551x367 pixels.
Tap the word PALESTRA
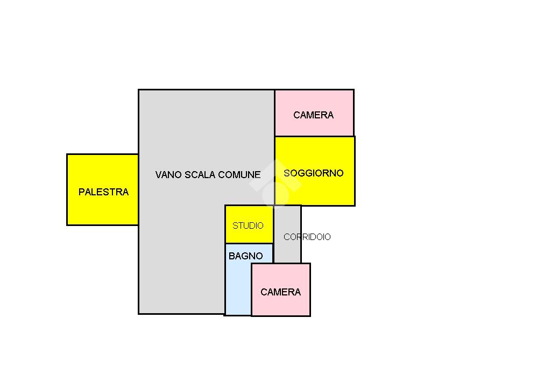(x=103, y=192)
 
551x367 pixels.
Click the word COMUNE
(x=244, y=175)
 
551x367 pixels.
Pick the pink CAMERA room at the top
(x=314, y=127)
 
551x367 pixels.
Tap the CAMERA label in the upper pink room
(x=313, y=115)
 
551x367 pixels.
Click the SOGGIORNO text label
(x=314, y=173)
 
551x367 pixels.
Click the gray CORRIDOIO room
(x=287, y=250)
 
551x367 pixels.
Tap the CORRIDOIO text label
(x=307, y=237)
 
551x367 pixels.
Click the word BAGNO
(x=245, y=257)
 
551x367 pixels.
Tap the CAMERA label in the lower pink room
(x=280, y=292)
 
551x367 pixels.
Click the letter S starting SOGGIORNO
(x=287, y=173)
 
